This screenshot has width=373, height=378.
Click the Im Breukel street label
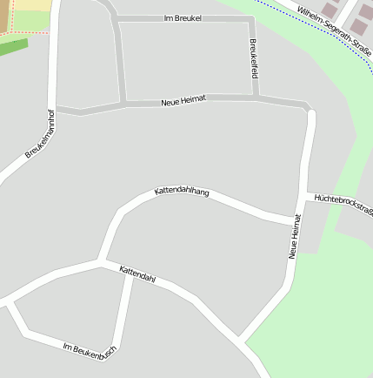[183, 17]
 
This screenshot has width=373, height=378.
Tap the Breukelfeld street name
[253, 59]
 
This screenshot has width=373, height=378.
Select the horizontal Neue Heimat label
[183, 101]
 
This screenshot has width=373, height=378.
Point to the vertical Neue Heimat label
[295, 236]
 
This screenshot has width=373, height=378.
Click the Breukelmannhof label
[40, 133]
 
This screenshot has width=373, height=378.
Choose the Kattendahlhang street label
[182, 192]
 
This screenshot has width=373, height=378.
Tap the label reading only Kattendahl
[137, 274]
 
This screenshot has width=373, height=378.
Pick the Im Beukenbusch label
[90, 349]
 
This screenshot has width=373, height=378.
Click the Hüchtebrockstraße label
[343, 205]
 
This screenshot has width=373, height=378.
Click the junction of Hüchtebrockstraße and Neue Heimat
[306, 194]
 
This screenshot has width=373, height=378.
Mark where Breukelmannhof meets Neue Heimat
[56, 110]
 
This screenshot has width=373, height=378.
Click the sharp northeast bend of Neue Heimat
[309, 110]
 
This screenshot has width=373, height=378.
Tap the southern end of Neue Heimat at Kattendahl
[240, 338]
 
